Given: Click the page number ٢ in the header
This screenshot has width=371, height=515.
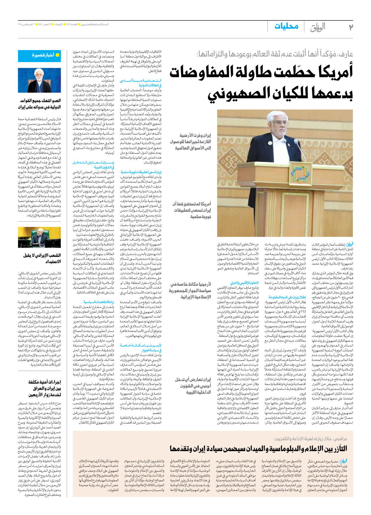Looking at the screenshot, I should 351,27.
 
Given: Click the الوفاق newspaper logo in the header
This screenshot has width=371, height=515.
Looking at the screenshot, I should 318,27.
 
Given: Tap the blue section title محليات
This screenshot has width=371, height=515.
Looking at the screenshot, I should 286,26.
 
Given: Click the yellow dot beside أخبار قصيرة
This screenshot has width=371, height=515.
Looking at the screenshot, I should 58,55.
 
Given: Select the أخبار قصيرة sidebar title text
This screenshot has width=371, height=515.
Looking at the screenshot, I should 43,55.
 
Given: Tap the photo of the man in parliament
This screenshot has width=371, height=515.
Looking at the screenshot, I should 39,237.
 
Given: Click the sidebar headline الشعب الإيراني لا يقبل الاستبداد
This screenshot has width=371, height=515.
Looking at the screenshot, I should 42,258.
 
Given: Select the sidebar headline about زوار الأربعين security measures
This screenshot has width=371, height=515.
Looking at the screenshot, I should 45,388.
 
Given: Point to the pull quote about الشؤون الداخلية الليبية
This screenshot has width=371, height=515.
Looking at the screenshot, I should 193,386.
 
